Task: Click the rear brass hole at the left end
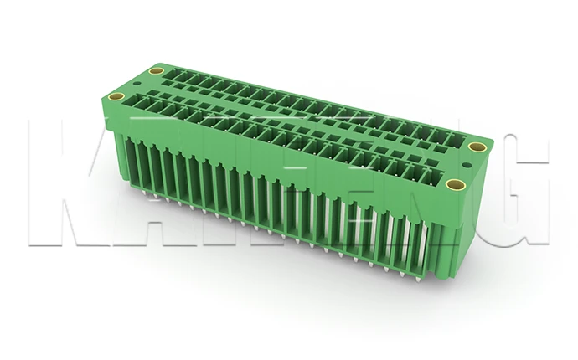pos(153,73)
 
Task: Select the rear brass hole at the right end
pos(477,148)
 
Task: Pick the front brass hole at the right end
pos(455,184)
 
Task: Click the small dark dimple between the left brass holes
pos(134,85)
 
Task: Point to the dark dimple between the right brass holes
pos(467,166)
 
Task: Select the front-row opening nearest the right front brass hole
pos(431,176)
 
